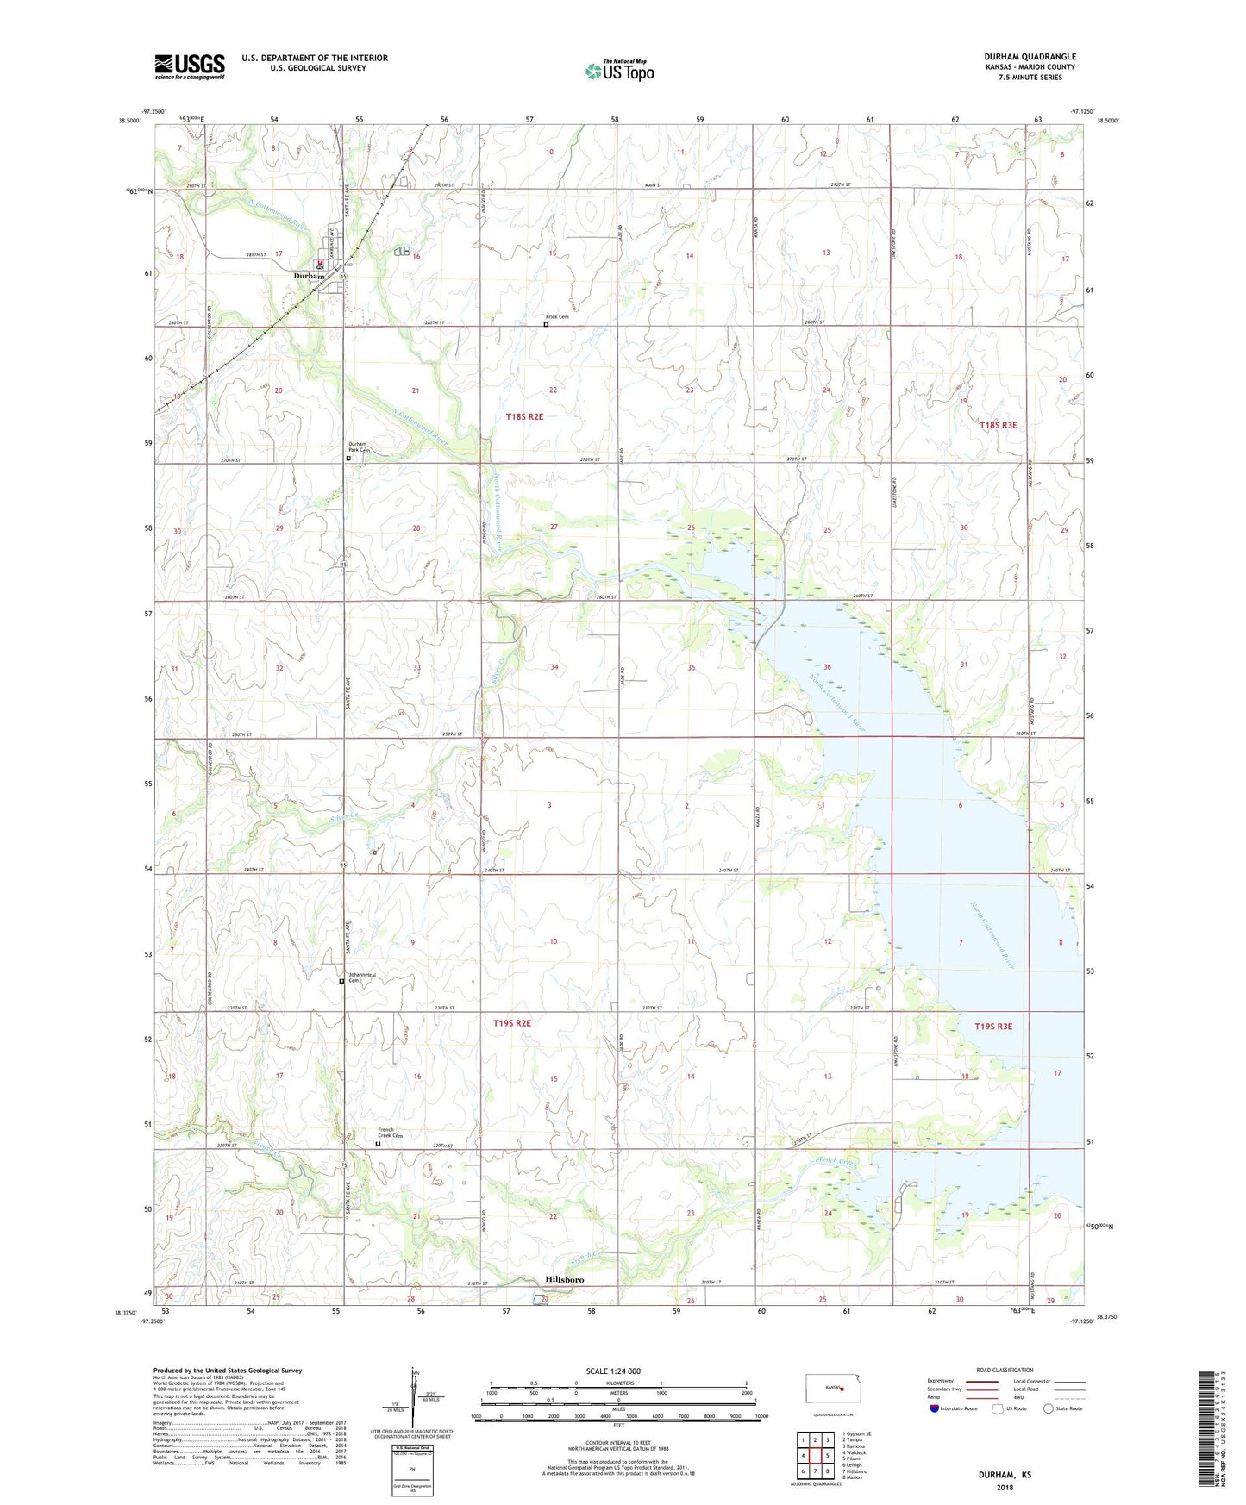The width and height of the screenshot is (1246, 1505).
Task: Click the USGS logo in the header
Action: [190, 66]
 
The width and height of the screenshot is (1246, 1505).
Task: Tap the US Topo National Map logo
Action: [619, 70]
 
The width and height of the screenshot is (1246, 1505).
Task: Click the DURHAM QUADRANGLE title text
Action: [1030, 57]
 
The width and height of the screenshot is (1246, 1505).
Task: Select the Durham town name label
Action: [310, 276]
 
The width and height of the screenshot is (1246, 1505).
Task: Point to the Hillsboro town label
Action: [564, 1279]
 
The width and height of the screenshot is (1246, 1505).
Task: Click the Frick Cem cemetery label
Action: [557, 316]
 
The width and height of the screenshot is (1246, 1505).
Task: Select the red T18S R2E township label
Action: [524, 416]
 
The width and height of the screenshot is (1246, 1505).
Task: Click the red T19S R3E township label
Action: [993, 1027]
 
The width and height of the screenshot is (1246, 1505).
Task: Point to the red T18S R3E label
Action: [999, 425]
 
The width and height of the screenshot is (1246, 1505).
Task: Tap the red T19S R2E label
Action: [512, 1023]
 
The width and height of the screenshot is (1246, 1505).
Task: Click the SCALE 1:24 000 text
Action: [613, 1371]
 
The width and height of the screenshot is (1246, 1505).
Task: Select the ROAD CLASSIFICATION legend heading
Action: [1005, 1370]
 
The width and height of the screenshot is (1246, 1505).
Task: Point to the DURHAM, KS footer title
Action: [1005, 1475]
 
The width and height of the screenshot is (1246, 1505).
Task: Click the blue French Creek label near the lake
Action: [836, 1163]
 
